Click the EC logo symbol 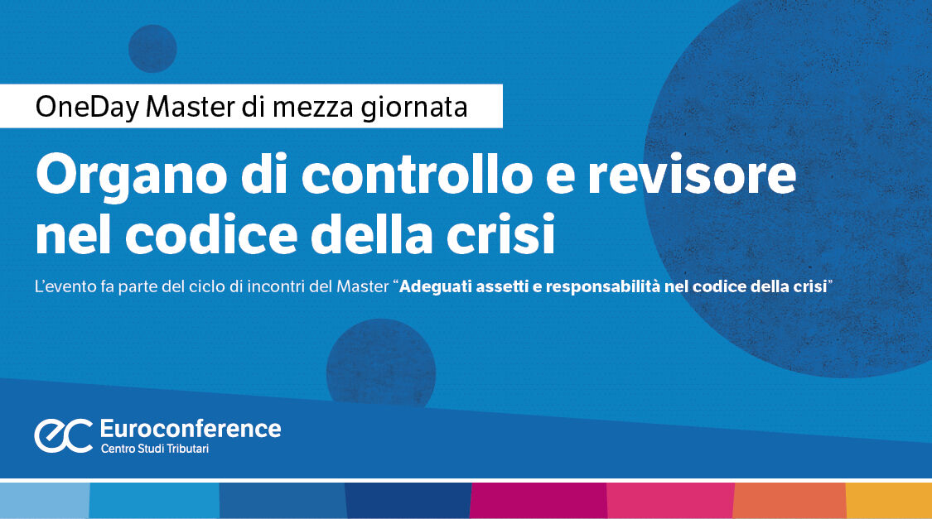tap(63, 435)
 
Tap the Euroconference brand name tap(190, 429)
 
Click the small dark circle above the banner tap(152, 48)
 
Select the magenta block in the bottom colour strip tap(538, 501)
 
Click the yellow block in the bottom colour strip tap(889, 501)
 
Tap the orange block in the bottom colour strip tap(790, 501)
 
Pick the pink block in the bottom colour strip tap(670, 501)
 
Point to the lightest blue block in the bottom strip tap(44, 501)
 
